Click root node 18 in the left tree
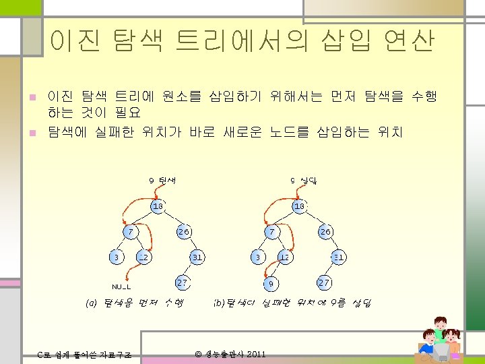tap(157, 206)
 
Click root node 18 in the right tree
tap(300, 206)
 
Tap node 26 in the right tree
tap(326, 231)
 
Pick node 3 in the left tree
tap(116, 257)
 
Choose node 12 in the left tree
tap(143, 257)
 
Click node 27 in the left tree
tap(182, 282)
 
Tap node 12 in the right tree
tap(284, 257)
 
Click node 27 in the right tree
tap(323, 282)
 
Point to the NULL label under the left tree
tap(121, 286)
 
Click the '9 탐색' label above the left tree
tap(162, 180)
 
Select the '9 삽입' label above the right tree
tap(304, 180)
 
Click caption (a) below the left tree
tap(134, 303)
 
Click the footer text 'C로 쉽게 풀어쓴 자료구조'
tap(84, 355)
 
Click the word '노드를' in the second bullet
tap(288, 131)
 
